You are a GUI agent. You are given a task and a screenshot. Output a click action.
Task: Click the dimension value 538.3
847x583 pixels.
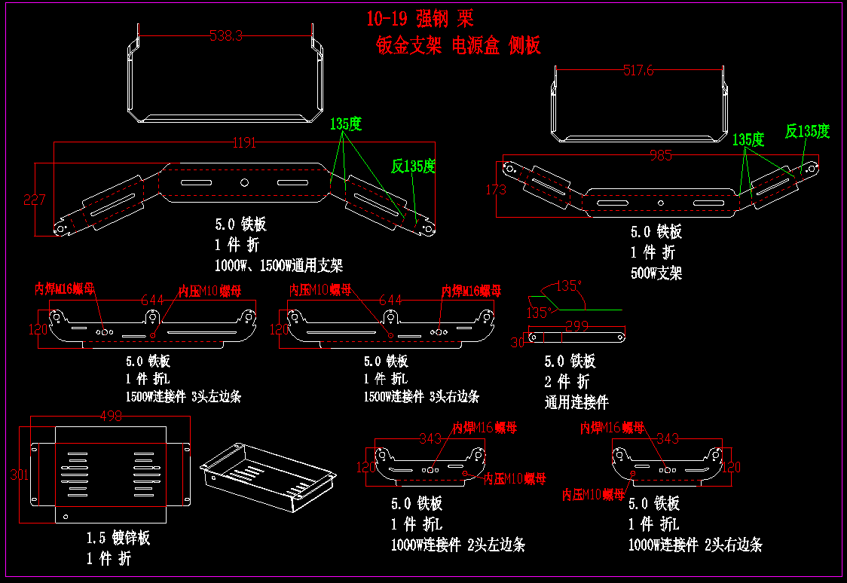click(x=226, y=35)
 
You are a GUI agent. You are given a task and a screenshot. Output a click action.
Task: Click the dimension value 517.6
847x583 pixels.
click(x=638, y=70)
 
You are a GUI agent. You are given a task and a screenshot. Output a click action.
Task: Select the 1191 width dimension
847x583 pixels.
click(x=243, y=142)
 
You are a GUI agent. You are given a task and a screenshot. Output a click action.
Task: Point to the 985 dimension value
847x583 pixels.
click(x=660, y=156)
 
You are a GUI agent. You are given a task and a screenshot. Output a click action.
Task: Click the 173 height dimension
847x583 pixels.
click(x=497, y=189)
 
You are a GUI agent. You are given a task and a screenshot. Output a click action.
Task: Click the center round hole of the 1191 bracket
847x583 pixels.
click(x=244, y=183)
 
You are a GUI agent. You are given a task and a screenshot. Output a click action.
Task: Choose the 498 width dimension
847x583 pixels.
click(x=111, y=416)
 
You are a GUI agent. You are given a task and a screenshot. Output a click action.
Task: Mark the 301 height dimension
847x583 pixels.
click(x=20, y=475)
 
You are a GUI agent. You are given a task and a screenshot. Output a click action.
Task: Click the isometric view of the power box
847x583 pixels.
click(x=268, y=477)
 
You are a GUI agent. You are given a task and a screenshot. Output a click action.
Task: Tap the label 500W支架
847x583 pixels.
click(x=656, y=273)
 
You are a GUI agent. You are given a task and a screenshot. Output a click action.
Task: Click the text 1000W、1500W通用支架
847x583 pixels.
click(x=279, y=265)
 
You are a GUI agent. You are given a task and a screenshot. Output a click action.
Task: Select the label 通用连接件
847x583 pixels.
click(x=576, y=402)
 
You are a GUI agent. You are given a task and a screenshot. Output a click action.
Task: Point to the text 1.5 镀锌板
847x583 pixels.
click(x=118, y=538)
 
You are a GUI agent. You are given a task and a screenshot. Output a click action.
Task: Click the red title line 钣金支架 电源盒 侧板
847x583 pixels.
click(x=458, y=46)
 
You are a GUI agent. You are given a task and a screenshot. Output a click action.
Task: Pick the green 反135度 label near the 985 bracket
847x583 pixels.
click(x=807, y=131)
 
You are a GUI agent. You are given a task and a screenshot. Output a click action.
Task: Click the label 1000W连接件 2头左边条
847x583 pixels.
click(x=457, y=545)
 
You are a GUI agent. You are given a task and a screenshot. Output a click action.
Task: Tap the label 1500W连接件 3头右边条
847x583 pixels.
click(x=421, y=396)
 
